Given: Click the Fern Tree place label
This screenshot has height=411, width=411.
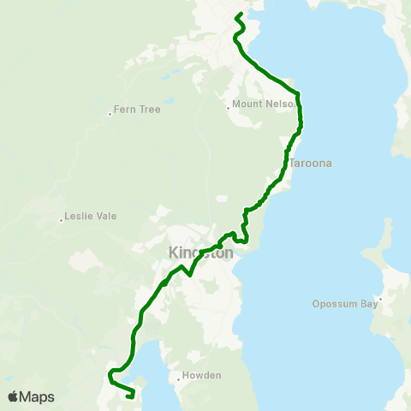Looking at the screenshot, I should point(132,110).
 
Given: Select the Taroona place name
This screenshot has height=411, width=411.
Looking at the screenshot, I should point(310,163).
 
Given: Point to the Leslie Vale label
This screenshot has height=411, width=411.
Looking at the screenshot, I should point(91,217).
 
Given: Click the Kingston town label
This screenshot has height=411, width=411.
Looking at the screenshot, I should point(201,253).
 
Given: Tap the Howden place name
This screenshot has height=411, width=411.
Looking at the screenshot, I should point(201,375).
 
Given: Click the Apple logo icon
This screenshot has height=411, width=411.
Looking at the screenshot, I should point(13,396).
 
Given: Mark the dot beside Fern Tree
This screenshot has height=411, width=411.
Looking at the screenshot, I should point(110,114).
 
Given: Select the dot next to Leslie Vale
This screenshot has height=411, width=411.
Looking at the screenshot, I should point(62,220).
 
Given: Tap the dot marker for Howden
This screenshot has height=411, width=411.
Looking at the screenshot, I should point(178,379).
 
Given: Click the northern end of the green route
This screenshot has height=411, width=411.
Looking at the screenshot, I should point(238,15).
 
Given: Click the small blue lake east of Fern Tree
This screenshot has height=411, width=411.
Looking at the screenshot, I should point(169,101).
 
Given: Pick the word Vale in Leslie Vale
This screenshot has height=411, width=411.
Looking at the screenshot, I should point(106,217).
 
